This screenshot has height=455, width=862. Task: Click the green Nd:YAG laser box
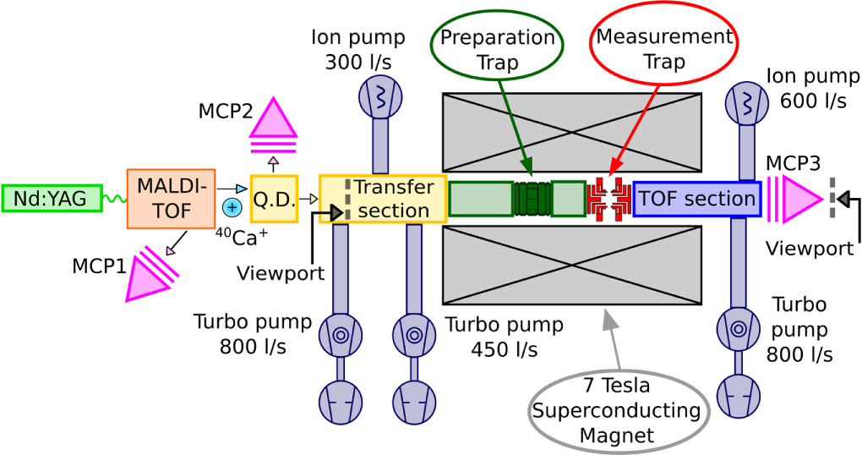point(52,199)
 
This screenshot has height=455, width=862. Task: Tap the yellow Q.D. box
point(275,199)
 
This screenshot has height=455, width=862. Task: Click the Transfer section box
point(383,199)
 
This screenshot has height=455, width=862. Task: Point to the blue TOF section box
point(697,199)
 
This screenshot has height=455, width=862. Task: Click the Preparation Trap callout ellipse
point(497,49)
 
